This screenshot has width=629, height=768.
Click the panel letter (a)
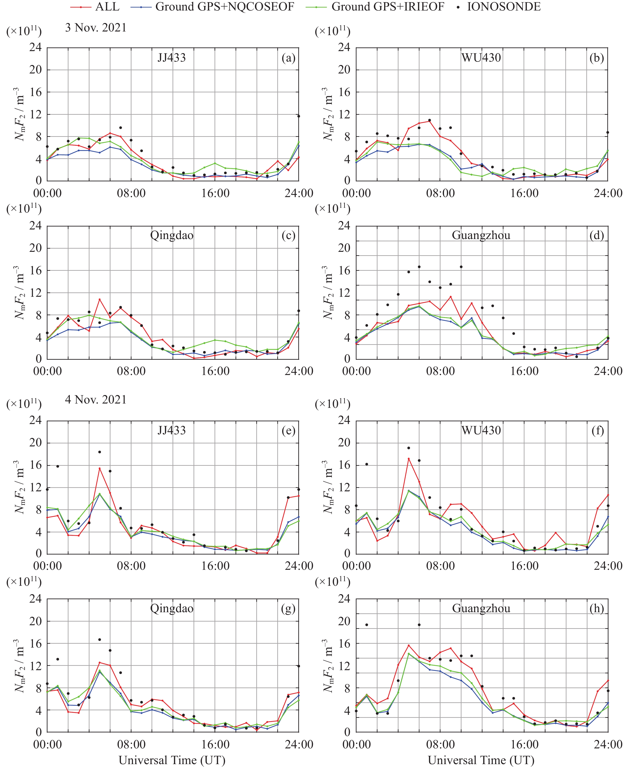tap(288, 58)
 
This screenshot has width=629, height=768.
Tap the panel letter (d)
tap(597, 235)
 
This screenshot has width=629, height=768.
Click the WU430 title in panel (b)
tap(481, 58)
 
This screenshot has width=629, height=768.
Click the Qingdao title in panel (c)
tap(172, 235)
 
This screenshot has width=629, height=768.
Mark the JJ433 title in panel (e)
tap(172, 430)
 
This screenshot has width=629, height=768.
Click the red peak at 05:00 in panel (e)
tap(100, 469)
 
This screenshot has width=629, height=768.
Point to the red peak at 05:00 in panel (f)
tap(409, 459)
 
